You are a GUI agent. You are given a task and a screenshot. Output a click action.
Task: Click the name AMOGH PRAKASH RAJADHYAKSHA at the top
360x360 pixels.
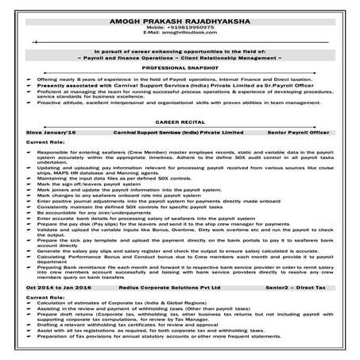tap(180, 15)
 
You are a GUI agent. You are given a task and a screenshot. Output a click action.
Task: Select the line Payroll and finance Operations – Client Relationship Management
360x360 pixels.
tap(180, 59)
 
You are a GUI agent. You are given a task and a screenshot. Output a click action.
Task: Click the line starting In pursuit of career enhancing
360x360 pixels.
tap(180, 52)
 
